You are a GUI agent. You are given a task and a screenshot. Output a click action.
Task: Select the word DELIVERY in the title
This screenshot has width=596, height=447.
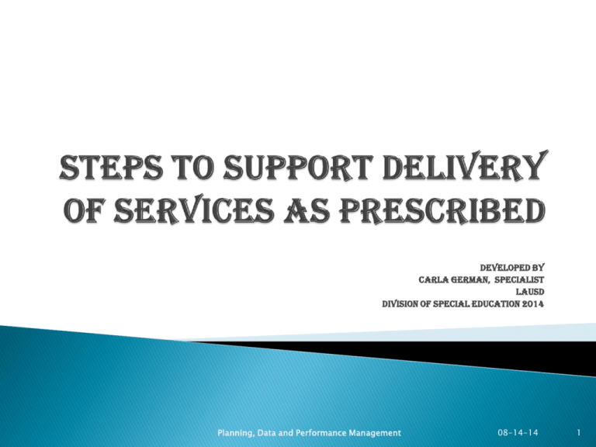tap(465, 166)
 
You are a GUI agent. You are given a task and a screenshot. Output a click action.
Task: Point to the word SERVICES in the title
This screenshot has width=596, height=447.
tap(193, 210)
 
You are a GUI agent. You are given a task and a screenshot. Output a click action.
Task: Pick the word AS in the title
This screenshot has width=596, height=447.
tap(307, 210)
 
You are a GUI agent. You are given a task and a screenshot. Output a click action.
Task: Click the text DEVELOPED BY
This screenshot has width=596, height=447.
tap(512, 267)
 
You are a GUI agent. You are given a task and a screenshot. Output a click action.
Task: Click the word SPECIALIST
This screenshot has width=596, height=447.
tap(519, 279)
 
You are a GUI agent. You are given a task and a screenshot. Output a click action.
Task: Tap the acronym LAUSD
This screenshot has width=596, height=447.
tap(530, 292)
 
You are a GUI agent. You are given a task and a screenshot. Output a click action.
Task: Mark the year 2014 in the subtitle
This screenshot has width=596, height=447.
tap(533, 304)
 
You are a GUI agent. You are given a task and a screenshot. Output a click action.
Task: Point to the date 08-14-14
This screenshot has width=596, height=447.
tap(518, 432)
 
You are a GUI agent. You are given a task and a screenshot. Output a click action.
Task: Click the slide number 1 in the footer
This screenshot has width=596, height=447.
tap(578, 432)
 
